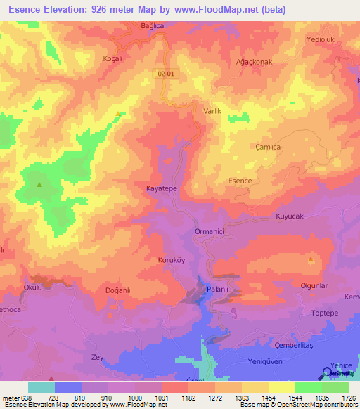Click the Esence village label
[240, 181]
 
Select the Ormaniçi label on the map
[209, 231]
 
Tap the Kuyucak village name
[289, 216]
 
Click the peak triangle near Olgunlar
[310, 259]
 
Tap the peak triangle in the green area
[39, 185]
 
